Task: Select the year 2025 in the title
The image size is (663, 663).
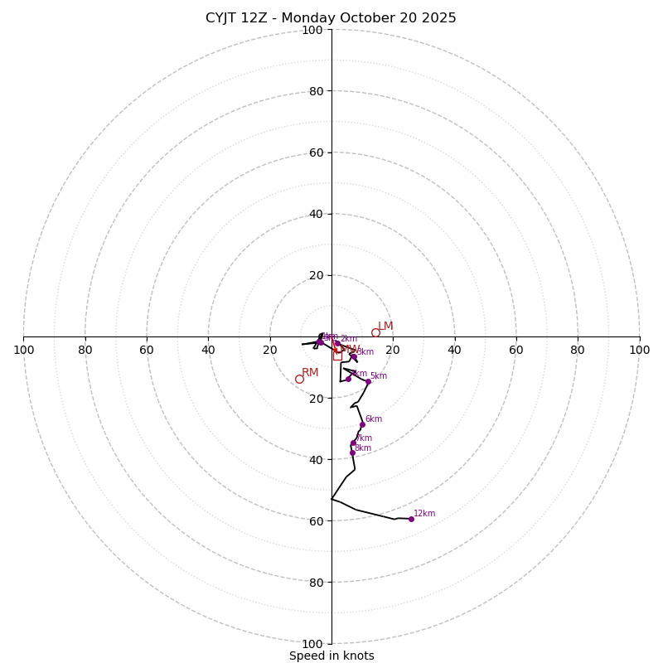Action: [439, 18]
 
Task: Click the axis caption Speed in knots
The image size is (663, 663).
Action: [331, 656]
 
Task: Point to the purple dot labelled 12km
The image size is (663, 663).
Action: [411, 519]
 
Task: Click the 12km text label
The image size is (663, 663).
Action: [424, 513]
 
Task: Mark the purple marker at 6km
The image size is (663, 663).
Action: [362, 424]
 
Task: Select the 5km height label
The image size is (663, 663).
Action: [378, 376]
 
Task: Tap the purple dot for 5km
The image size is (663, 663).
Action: [368, 381]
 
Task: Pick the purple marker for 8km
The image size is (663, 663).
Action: [352, 452]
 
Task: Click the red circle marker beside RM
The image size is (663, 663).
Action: [299, 379]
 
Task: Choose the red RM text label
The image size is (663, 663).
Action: [310, 373]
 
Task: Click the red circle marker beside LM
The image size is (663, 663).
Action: [375, 332]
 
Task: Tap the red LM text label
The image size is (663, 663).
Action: [385, 326]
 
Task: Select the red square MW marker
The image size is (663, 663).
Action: [338, 356]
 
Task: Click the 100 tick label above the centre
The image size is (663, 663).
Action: [312, 30]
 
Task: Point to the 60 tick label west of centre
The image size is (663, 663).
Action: [147, 350]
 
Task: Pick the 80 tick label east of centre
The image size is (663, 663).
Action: [578, 350]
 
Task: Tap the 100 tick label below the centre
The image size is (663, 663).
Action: [312, 644]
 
